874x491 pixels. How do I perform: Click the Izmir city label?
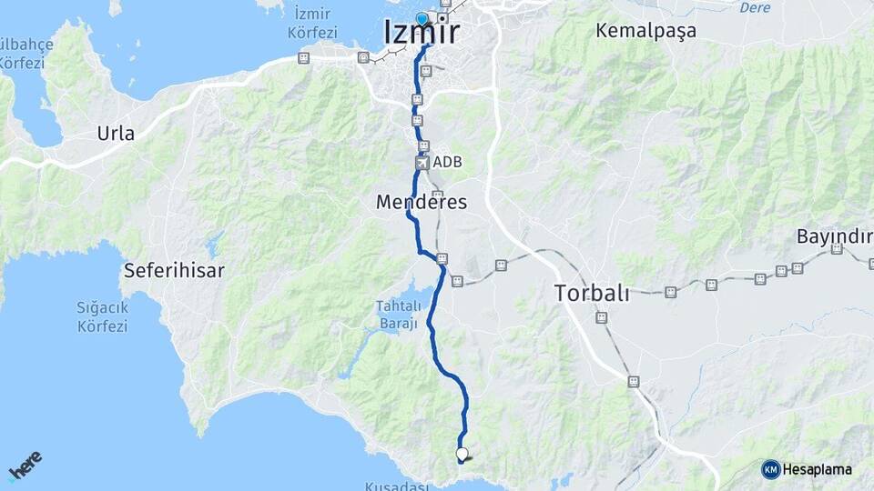[422, 33]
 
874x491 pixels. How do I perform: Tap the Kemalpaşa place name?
[645, 30]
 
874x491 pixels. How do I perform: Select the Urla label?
[116, 134]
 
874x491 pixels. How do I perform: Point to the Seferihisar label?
[174, 270]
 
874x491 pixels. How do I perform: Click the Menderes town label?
[421, 203]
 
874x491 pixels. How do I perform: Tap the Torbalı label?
[592, 293]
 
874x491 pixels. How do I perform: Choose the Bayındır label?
[833, 236]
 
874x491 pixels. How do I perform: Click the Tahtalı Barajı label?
[398, 314]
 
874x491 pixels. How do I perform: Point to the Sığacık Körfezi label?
[102, 316]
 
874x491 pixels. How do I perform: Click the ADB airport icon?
[422, 163]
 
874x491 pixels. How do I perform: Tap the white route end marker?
[462, 453]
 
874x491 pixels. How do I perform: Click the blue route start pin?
[422, 19]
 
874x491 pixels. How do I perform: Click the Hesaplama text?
[818, 469]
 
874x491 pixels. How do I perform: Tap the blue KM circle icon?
[770, 469]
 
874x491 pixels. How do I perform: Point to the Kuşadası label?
[396, 486]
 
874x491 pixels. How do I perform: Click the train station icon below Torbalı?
[601, 317]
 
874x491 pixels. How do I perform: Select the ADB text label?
[448, 163]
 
